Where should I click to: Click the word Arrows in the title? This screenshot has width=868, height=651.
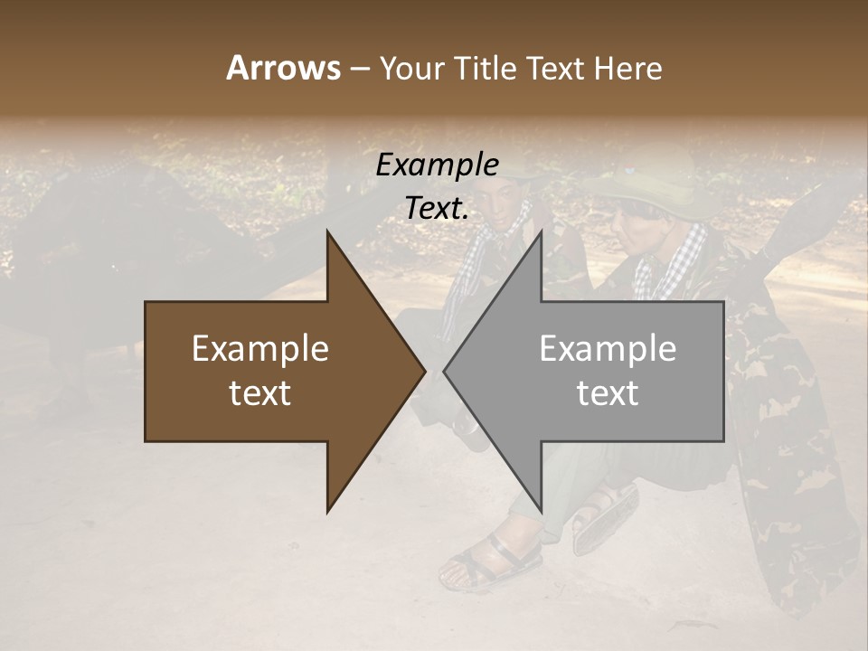[283, 68]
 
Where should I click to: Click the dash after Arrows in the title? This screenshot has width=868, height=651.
[360, 70]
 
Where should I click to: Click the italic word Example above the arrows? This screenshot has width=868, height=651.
[437, 165]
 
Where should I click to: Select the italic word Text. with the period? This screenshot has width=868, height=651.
[437, 208]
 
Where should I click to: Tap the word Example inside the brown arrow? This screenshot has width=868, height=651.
[260, 349]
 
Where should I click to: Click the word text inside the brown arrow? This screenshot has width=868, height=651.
[260, 393]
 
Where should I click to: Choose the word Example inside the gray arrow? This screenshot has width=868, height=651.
[608, 349]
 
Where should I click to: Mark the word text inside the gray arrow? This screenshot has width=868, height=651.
[608, 393]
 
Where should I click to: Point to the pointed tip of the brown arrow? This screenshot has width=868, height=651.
[425, 371]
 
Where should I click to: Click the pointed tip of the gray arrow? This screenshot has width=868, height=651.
[444, 371]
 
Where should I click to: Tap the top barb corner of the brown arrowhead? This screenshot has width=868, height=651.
[327, 231]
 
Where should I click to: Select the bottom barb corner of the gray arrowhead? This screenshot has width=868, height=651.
[541, 512]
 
